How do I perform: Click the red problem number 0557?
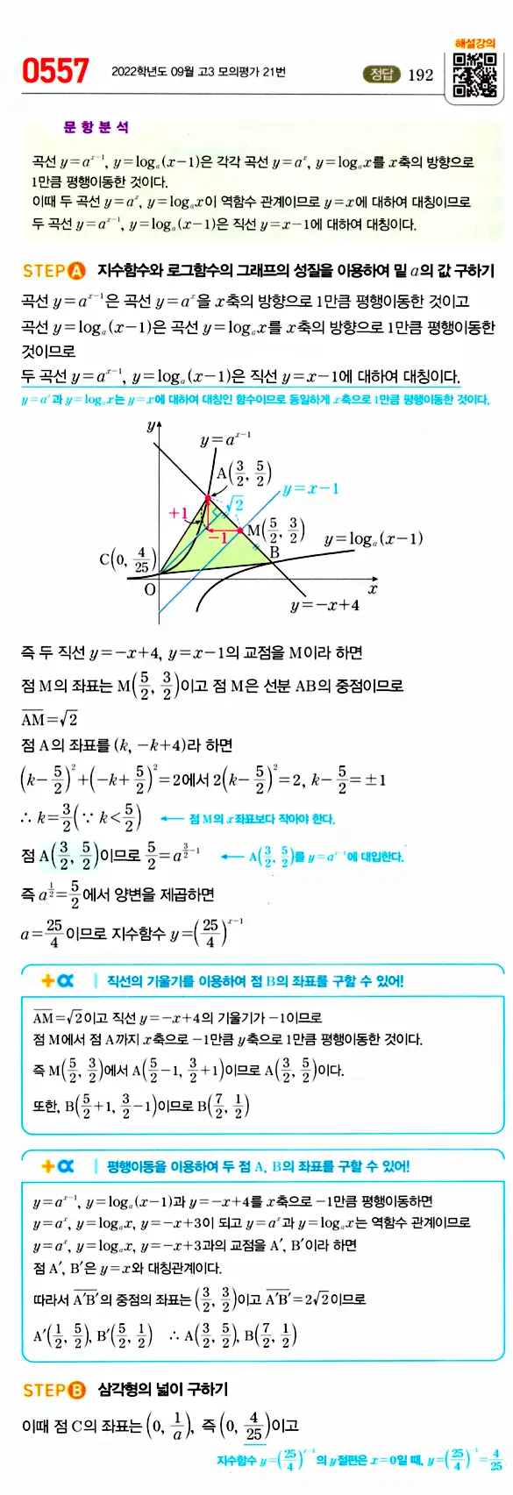coord(55,71)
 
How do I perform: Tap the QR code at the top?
coord(474,75)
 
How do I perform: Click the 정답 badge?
coord(381,75)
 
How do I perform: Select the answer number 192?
coord(421,75)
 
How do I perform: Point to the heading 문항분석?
coord(96,128)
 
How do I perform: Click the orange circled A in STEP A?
coord(76,270)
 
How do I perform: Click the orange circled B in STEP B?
coord(76,1390)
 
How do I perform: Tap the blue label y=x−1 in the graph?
coord(310,488)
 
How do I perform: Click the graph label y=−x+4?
coord(324,605)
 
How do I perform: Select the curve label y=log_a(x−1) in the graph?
coord(374,538)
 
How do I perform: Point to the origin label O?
coord(150,589)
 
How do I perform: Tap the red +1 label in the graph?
coord(178,513)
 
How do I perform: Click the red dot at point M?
coord(241,530)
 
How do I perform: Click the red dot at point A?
coord(208,499)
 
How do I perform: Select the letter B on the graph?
coord(274,552)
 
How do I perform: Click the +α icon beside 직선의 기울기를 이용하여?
coord(58,980)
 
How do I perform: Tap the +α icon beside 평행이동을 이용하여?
coord(58,1166)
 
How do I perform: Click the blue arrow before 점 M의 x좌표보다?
coord(171,819)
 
